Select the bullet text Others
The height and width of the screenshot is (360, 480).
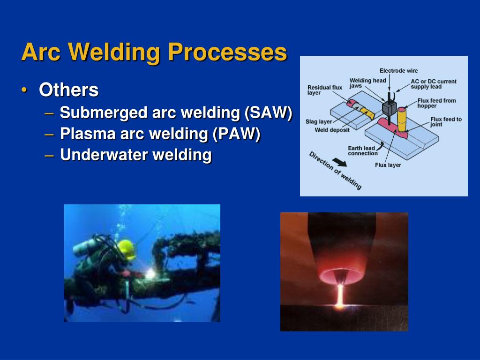[x=68, y=90]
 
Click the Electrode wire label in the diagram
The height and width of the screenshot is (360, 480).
[x=398, y=71]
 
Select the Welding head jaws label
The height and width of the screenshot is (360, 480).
[x=367, y=83]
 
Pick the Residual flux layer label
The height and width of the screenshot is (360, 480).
[x=324, y=90]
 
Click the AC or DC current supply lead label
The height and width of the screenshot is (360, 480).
[x=433, y=84]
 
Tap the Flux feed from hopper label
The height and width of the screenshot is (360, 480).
[x=436, y=103]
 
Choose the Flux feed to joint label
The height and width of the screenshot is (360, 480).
[x=446, y=122]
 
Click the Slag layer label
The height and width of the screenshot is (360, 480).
[x=319, y=122]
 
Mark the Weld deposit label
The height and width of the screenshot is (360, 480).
[x=332, y=130]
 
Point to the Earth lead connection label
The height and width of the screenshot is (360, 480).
[x=362, y=151]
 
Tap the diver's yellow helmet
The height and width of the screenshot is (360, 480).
[x=126, y=248]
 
